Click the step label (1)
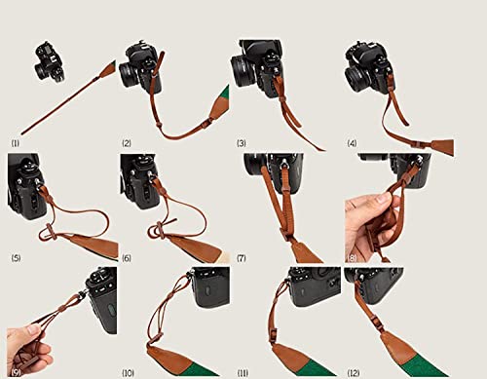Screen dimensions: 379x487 [16, 142]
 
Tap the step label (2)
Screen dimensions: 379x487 [127, 142]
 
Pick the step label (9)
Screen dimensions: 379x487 [16, 371]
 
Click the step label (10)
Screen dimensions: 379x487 [129, 371]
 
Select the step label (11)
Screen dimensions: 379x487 [243, 371]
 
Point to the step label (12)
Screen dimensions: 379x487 [354, 371]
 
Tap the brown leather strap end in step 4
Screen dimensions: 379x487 [440, 146]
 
